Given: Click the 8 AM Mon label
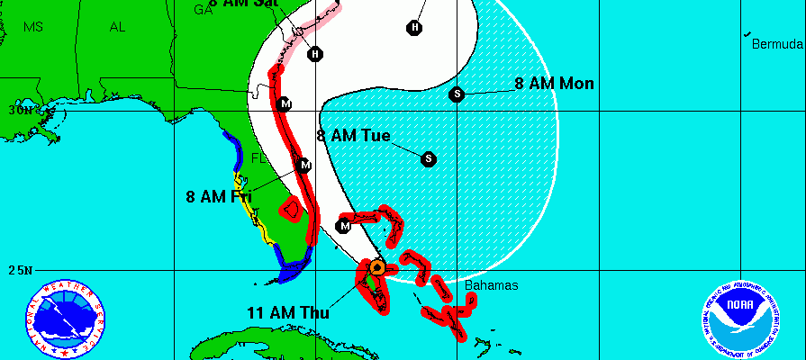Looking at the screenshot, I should pyautogui.click(x=554, y=84).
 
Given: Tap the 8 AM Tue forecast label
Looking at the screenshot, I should pyautogui.click(x=354, y=136).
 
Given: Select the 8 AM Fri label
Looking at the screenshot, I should pyautogui.click(x=219, y=196).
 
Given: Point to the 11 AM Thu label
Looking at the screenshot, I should pyautogui.click(x=287, y=313).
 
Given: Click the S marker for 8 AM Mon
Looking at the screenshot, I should pyautogui.click(x=457, y=94).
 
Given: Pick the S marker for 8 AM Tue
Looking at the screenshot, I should pyautogui.click(x=429, y=159).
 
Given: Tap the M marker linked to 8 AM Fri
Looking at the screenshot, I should pyautogui.click(x=304, y=166).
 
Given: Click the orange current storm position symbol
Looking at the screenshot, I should pyautogui.click(x=377, y=267).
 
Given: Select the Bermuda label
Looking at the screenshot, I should pyautogui.click(x=777, y=44).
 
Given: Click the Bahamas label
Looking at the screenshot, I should pyautogui.click(x=492, y=285).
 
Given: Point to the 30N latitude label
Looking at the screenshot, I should pyautogui.click(x=19, y=111).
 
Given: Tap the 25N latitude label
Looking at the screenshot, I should pyautogui.click(x=19, y=270).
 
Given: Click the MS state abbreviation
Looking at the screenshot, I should pyautogui.click(x=33, y=27).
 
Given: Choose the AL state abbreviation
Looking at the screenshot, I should pyautogui.click(x=117, y=27).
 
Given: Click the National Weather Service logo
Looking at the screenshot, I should pyautogui.click(x=64, y=319).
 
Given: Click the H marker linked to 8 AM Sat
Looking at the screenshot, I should pyautogui.click(x=314, y=54).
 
